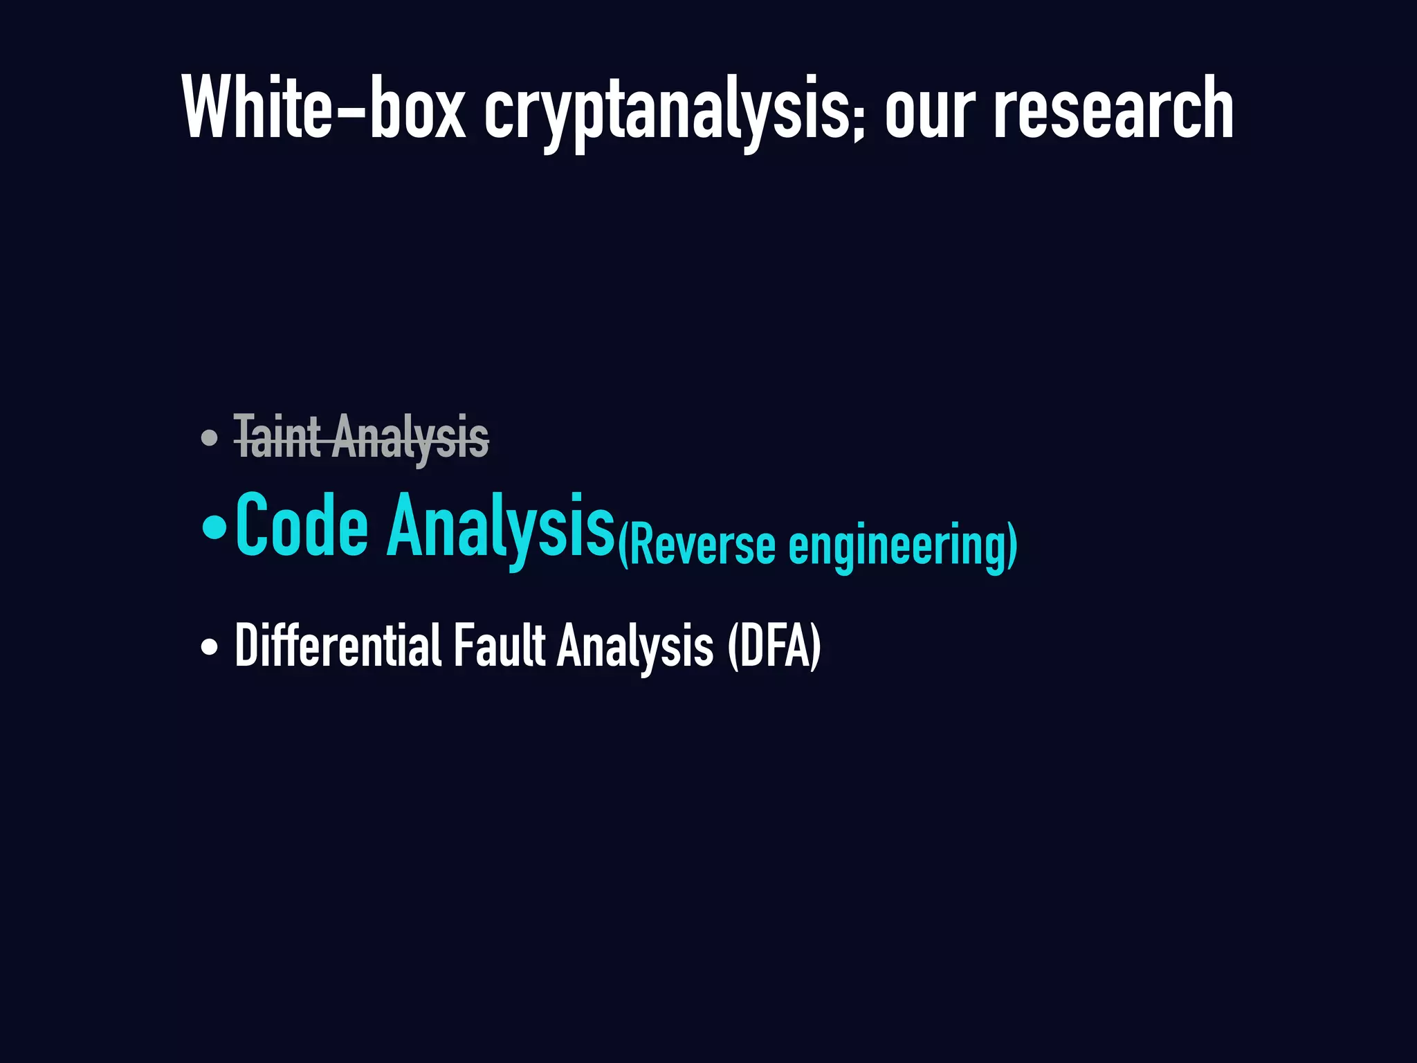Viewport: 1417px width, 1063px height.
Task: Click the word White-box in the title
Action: [324, 109]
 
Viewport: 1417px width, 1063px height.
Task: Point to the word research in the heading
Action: [1113, 109]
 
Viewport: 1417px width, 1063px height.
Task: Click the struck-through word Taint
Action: [277, 437]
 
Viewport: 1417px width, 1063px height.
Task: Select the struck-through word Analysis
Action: [410, 439]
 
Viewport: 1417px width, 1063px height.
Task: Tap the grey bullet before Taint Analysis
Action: [209, 438]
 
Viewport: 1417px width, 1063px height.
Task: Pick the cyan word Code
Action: [302, 526]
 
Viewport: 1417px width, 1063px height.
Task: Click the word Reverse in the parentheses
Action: [702, 547]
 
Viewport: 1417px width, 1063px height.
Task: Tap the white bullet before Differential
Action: [209, 648]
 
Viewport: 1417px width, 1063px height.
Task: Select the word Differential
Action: [338, 646]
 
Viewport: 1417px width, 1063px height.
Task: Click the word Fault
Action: [499, 646]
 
